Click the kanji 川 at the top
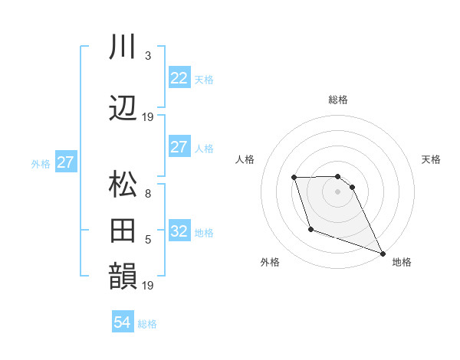point(123,47)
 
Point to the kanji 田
point(123,230)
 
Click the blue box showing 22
point(179,78)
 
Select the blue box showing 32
point(179,231)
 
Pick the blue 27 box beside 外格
point(65,162)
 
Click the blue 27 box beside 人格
point(179,147)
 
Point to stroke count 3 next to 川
point(148,55)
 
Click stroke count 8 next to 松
point(148,194)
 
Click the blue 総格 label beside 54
point(147,324)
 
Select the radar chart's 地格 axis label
point(402,262)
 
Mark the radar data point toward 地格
point(383,254)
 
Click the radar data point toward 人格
point(294,178)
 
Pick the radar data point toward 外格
point(310,229)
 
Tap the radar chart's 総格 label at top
point(338,100)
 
